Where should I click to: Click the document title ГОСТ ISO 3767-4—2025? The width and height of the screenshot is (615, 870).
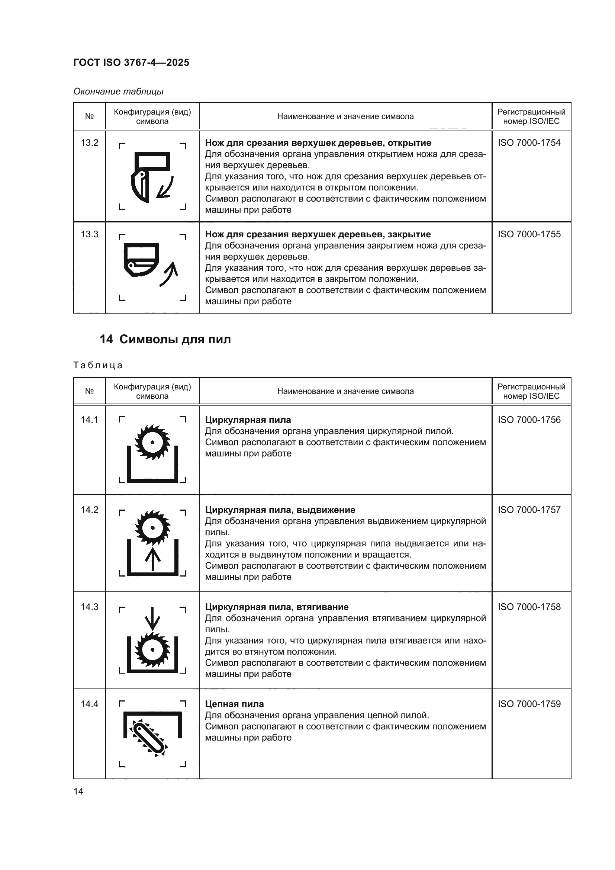[x=131, y=62]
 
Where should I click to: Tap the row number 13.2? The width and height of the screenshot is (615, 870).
[x=89, y=143]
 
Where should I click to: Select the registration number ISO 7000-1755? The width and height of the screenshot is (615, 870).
[x=529, y=234]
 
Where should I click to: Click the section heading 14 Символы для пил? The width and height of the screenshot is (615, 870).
[x=165, y=339]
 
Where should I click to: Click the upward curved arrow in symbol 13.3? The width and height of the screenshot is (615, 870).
[x=169, y=274]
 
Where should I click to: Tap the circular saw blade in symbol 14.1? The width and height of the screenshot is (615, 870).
[x=152, y=442]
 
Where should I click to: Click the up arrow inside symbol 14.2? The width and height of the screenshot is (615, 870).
[x=152, y=559]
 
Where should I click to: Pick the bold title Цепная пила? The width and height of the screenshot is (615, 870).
[x=234, y=704]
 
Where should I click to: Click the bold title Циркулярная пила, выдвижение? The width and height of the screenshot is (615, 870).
[x=280, y=510]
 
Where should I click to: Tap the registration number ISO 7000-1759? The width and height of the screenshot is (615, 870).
[x=529, y=704]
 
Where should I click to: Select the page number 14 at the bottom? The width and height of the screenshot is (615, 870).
[x=78, y=791]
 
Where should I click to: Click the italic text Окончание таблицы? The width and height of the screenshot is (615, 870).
[x=119, y=92]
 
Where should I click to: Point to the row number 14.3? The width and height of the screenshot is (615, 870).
[x=89, y=607]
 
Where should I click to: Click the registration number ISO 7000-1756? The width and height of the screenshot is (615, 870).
[x=529, y=420]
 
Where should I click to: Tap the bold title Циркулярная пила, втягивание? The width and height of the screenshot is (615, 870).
[x=276, y=607]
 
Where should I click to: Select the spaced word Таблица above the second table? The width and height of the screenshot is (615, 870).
[x=98, y=365]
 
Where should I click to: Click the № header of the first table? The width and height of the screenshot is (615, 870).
[x=89, y=116]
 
